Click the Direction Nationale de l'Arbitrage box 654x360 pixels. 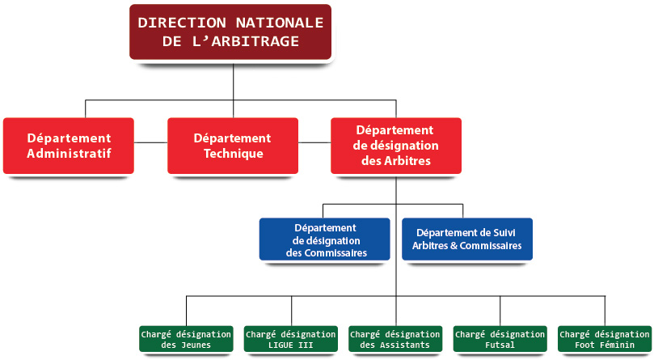point(230,32)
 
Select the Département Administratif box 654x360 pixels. point(69,146)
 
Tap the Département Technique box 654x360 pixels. point(233,146)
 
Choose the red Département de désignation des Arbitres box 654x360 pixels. point(396,146)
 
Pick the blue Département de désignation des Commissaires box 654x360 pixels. point(324,239)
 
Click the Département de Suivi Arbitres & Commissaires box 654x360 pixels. point(467,239)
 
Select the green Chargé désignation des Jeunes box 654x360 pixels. point(186,339)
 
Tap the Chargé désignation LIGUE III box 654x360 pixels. point(291,339)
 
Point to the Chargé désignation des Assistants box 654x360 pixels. point(395,339)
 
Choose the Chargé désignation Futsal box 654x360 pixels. point(500,339)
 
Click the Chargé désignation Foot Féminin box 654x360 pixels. point(605,339)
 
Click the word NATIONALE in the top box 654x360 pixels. point(280,23)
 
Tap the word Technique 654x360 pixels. point(234,154)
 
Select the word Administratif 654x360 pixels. point(70,153)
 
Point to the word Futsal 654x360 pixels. point(500,345)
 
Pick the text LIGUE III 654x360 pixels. point(291,345)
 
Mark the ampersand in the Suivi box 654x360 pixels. point(454,246)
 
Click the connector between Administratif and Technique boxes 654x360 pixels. point(150,142)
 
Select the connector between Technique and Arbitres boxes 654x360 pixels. point(314,142)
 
